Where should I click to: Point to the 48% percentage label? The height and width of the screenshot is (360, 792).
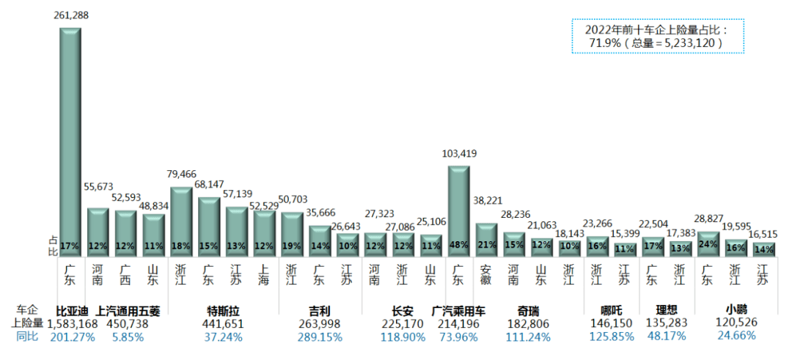tap(458, 246)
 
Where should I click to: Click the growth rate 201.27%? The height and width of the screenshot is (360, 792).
tap(72, 337)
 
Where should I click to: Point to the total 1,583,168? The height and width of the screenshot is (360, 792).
tap(72, 323)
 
